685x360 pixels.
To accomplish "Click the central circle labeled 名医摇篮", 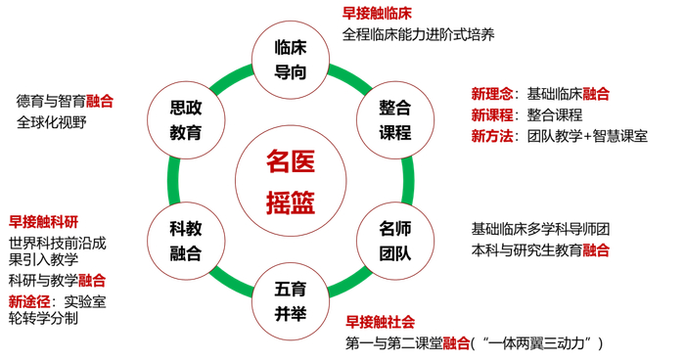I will [x=291, y=181].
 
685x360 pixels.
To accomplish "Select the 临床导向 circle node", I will [x=291, y=59].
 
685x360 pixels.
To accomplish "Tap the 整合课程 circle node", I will [x=395, y=119].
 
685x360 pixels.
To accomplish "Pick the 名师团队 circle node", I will [x=395, y=241].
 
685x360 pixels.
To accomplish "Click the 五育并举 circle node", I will [x=291, y=301].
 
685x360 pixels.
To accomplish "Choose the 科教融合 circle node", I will [x=186, y=241].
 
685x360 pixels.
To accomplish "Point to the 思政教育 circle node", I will [x=186, y=119].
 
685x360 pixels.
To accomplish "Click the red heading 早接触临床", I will [x=377, y=14].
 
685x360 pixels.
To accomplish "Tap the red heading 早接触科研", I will [x=43, y=221].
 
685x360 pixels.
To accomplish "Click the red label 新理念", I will [x=491, y=94].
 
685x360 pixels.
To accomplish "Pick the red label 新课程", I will [x=491, y=115].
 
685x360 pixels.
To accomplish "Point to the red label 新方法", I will [x=491, y=137].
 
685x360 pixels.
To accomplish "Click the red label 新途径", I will [x=29, y=300].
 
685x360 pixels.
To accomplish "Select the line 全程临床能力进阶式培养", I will [x=419, y=35].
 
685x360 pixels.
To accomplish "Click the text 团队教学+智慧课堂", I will [x=587, y=137].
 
